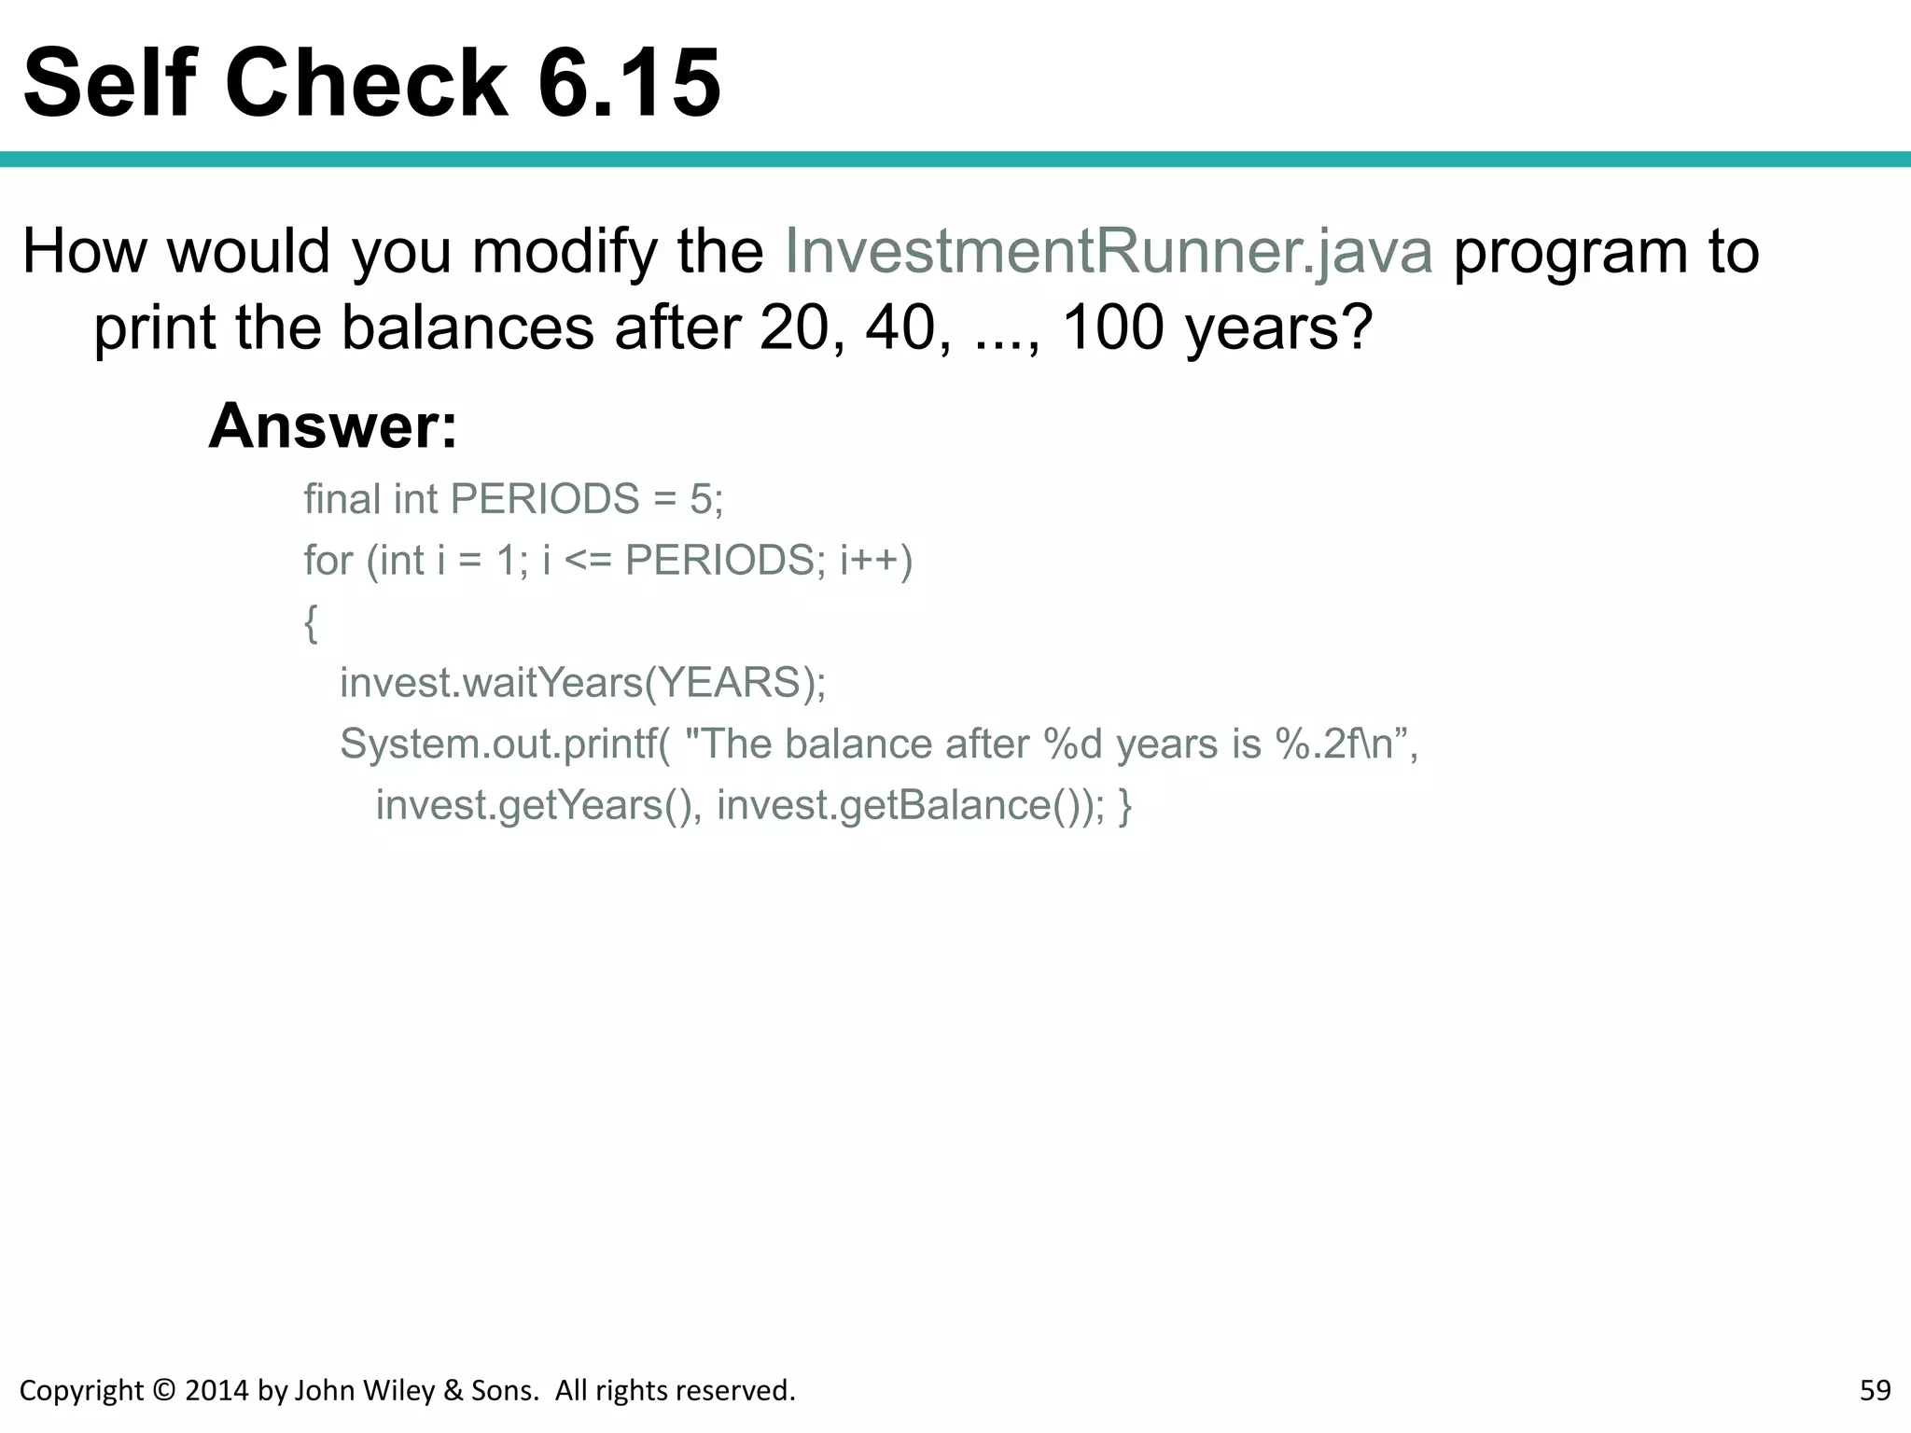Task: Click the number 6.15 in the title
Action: [629, 84]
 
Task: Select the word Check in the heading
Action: [367, 84]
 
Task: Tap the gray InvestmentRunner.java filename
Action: [1109, 252]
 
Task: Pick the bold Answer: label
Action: [333, 426]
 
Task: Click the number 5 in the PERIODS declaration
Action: [700, 499]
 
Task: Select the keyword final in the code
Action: [342, 499]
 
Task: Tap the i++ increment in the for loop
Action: [870, 561]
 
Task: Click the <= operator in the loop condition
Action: [588, 561]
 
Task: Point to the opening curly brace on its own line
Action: [311, 622]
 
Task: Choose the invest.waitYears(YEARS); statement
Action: [582, 683]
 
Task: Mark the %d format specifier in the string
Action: [1073, 744]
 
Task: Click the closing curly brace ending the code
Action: [1125, 805]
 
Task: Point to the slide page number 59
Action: [1875, 1391]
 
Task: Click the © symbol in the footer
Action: [163, 1391]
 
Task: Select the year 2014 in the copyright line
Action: [218, 1391]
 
